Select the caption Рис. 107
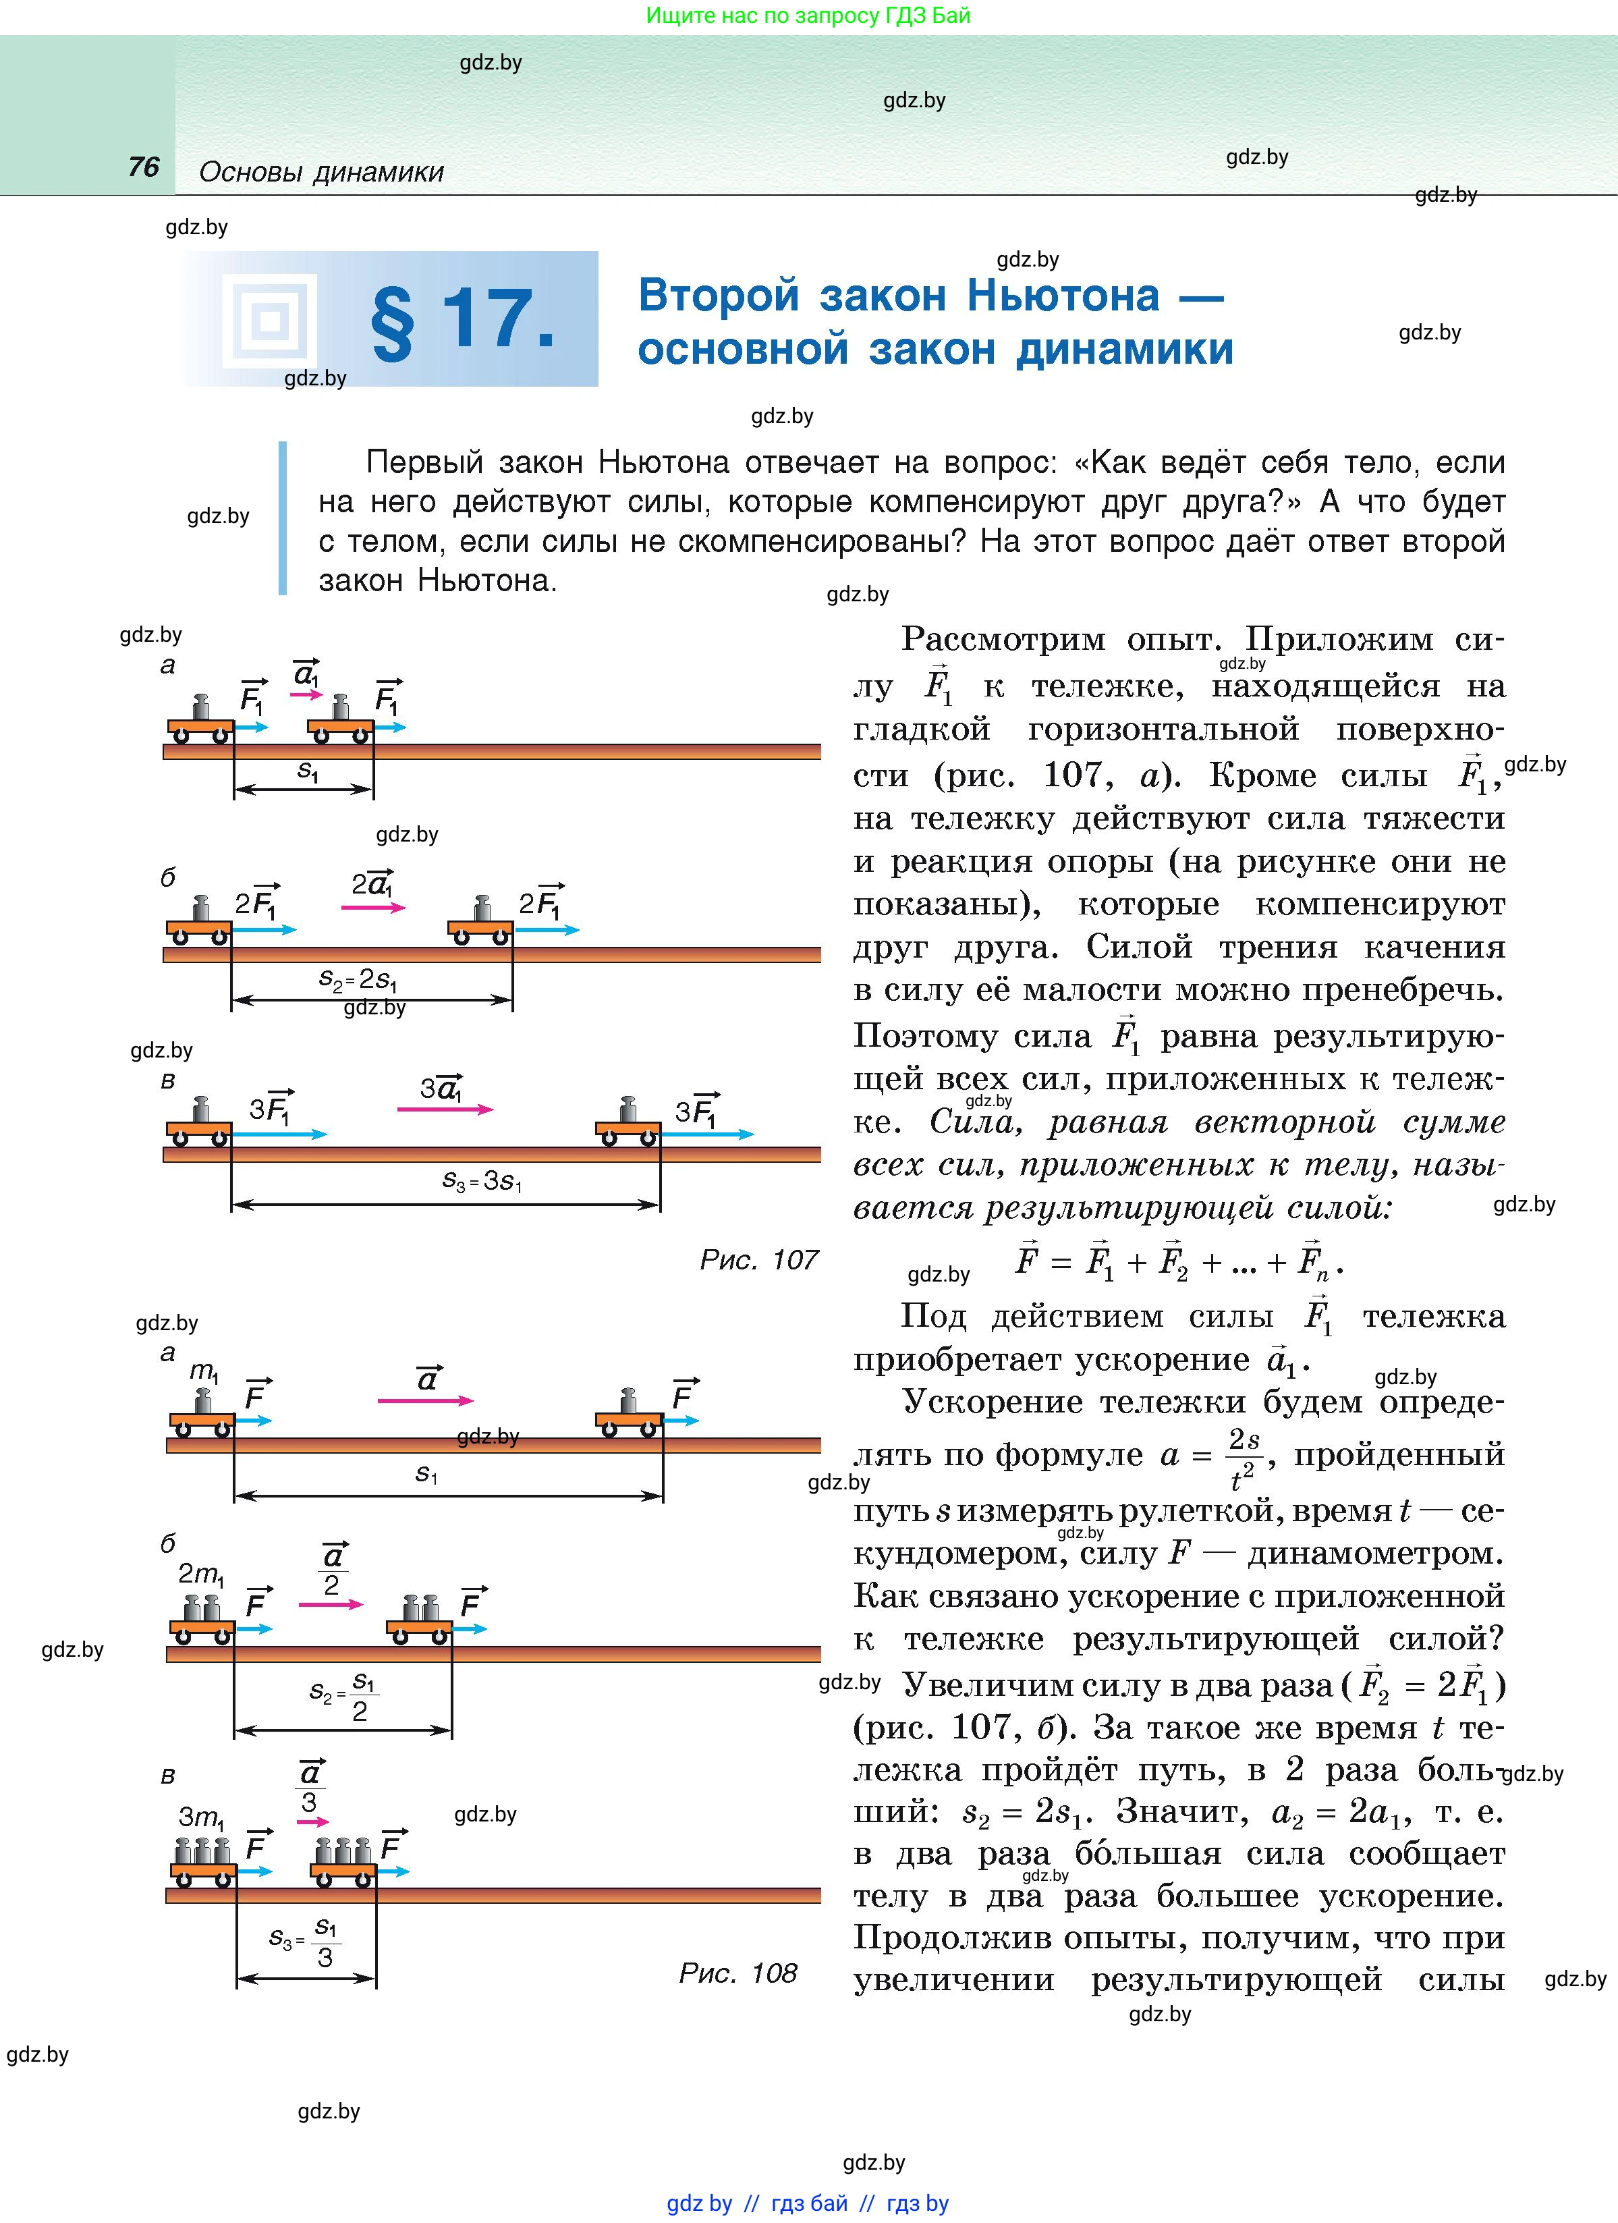tap(758, 1259)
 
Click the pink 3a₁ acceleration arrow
tap(445, 1109)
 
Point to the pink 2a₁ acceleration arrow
tap(373, 908)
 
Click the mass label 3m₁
tap(202, 1818)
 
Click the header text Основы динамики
tap(321, 173)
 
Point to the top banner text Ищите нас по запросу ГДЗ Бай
tap(808, 16)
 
